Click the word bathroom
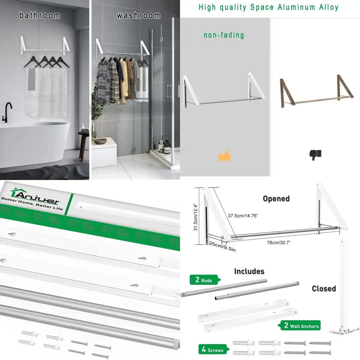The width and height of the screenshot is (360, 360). pyautogui.click(x=39, y=15)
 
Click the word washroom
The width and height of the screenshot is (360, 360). pyautogui.click(x=138, y=15)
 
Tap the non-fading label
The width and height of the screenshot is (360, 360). pyautogui.click(x=224, y=35)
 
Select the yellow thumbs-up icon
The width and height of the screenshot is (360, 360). pyautogui.click(x=225, y=156)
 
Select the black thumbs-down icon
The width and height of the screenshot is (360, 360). pyautogui.click(x=315, y=155)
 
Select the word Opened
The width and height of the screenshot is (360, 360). pyautogui.click(x=276, y=199)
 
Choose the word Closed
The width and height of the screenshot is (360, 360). pyautogui.click(x=324, y=288)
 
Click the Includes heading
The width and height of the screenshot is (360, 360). pyautogui.click(x=249, y=271)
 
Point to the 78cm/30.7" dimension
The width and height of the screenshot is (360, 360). pyautogui.click(x=279, y=243)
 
